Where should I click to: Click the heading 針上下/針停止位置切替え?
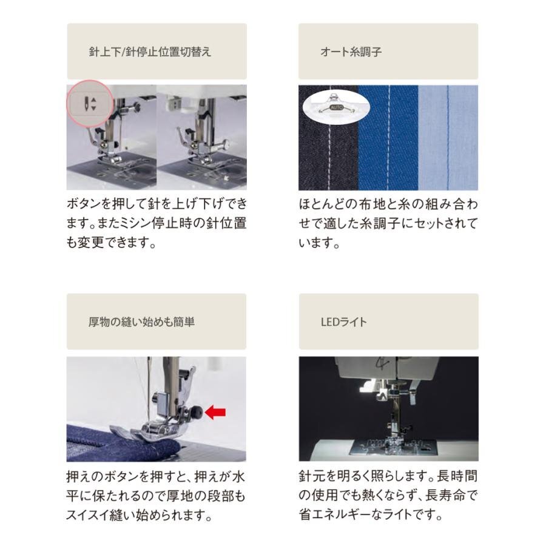pos(150,52)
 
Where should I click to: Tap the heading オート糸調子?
pos(351,52)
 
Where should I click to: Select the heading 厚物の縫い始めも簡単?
pos(141,322)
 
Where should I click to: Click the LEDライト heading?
pos(344,322)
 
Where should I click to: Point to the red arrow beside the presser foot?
pos(215,413)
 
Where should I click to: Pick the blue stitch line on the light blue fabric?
pos(448,138)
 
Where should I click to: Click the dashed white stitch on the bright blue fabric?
pos(389,138)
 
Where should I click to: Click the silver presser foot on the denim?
pos(150,430)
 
